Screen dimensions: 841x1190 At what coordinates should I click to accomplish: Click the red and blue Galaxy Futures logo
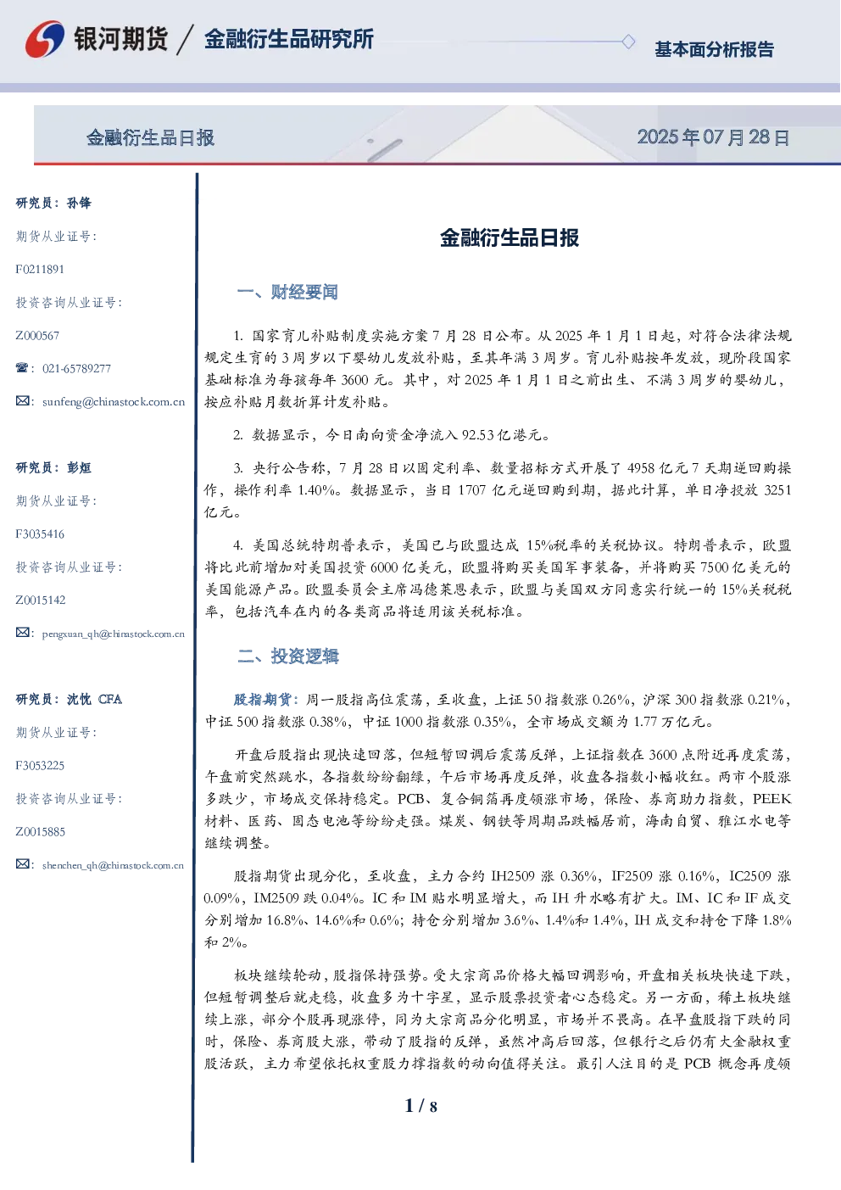point(45,39)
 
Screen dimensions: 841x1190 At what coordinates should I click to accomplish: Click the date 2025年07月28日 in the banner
point(713,137)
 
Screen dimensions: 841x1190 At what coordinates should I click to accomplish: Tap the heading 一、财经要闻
point(287,292)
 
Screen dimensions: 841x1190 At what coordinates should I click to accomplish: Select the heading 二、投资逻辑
point(287,656)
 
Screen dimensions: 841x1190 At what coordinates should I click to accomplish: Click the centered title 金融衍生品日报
point(510,237)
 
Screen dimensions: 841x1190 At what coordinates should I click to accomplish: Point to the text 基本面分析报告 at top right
point(714,49)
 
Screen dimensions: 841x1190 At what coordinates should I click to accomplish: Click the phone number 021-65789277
point(76,368)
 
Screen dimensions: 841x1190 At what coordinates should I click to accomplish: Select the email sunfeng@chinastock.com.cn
point(114,402)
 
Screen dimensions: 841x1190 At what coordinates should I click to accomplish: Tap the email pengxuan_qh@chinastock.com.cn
point(114,634)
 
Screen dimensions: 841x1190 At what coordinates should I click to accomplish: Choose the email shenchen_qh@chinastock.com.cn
point(113,865)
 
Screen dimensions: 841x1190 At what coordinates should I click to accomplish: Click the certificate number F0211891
point(40,270)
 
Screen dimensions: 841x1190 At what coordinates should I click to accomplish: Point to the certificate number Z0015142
point(41,601)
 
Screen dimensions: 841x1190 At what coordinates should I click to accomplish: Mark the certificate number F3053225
point(40,766)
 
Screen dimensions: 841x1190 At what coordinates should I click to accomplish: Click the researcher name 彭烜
point(79,467)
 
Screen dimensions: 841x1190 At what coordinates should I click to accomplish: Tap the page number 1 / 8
point(420,1106)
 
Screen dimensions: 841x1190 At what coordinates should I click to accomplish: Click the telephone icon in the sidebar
point(22,367)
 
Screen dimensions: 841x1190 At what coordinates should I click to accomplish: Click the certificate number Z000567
point(37,336)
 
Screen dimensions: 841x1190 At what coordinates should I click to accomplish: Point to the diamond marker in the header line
point(628,42)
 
